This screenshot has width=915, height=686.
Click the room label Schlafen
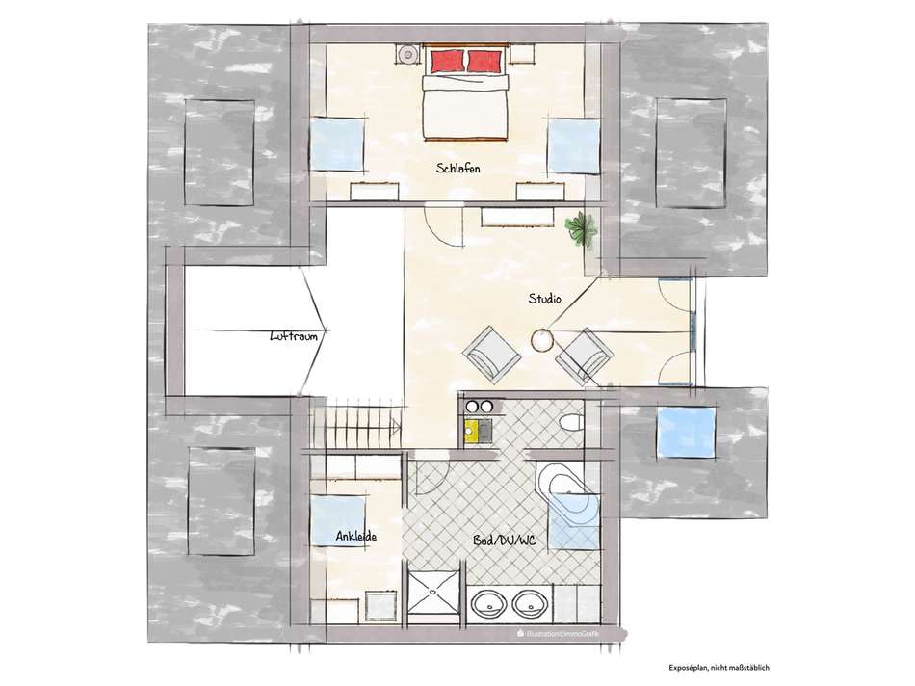457,168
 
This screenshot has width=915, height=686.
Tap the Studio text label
544,299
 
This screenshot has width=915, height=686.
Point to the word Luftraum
294,337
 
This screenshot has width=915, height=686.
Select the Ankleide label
355,537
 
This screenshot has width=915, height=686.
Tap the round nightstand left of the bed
407,55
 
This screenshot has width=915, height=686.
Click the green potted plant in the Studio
581,228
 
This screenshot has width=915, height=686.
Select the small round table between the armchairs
542,339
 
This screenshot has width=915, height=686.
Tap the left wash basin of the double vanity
489,606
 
